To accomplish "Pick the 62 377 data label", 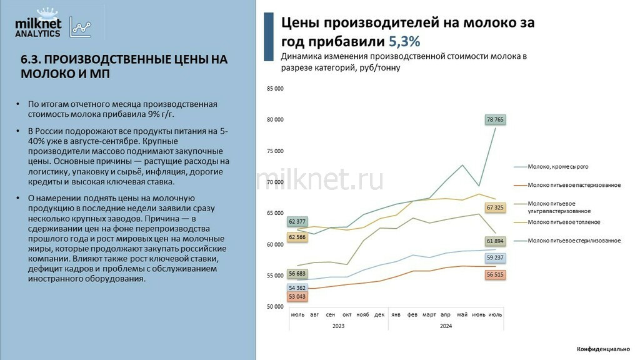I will coord(297,221).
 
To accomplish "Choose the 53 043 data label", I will coord(297,297).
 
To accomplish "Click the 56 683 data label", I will coord(297,273).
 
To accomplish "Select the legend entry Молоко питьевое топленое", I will coord(564,222).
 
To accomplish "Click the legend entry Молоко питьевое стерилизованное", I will coord(574,241).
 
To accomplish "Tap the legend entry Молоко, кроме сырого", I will coord(557,167).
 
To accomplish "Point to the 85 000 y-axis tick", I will coord(275,89).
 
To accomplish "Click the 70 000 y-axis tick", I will coord(275,182).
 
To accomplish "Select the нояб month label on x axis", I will coord(362,315).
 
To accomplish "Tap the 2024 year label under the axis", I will coord(446,326).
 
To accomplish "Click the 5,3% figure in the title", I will coord(404,42).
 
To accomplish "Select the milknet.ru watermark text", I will coord(321,179).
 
